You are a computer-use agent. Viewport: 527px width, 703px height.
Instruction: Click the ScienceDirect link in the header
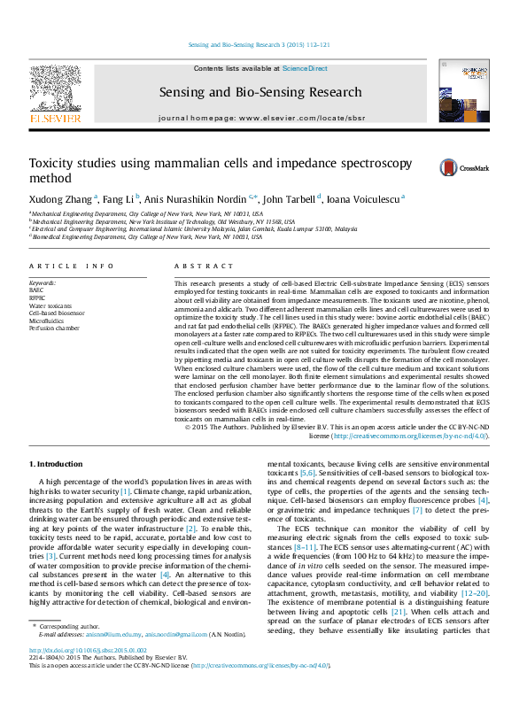pyautogui.click(x=306, y=68)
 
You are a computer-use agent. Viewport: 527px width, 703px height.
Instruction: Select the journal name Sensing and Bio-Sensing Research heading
pyautogui.click(x=260, y=92)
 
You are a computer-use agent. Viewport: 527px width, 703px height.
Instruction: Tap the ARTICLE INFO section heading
pyautogui.click(x=72, y=266)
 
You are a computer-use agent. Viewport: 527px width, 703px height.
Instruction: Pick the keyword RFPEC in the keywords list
pyautogui.click(x=37, y=297)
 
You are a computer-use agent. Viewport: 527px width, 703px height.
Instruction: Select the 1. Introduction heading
pyautogui.click(x=58, y=464)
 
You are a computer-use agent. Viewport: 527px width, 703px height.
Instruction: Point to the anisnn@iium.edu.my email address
pyautogui.click(x=116, y=660)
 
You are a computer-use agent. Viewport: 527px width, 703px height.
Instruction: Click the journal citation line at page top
pyautogui.click(x=260, y=44)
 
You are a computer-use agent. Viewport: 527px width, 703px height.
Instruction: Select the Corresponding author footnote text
pyautogui.click(x=73, y=652)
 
